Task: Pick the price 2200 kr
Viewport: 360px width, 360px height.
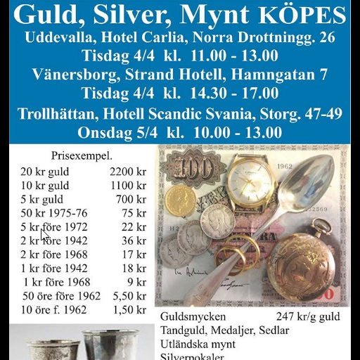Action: tap(128, 171)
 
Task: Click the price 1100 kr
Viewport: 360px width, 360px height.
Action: tap(128, 186)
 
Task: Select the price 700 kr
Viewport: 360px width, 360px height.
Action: tap(131, 200)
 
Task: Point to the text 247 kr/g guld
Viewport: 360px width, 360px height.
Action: tap(309, 316)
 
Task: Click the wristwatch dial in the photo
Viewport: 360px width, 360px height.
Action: tap(252, 184)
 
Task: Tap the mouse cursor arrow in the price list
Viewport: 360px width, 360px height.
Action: tap(44, 235)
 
